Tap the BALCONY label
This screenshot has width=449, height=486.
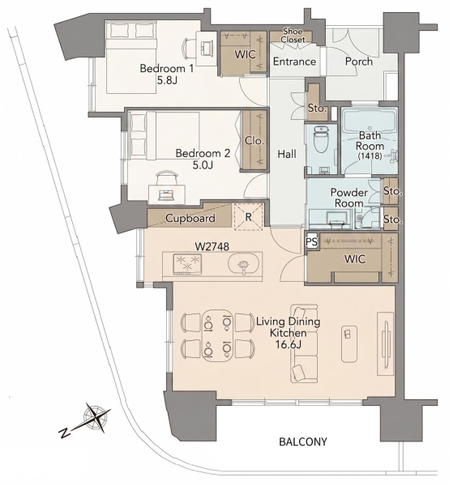click(303, 441)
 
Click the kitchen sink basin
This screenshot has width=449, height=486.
click(243, 265)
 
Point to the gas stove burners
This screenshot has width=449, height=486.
click(187, 263)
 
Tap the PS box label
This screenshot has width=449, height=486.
click(312, 241)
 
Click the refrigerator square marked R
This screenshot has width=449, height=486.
click(249, 216)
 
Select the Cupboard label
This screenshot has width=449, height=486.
click(190, 218)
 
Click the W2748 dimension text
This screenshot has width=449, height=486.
click(212, 246)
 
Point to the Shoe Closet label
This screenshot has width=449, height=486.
click(293, 36)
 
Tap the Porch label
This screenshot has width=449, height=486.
click(359, 62)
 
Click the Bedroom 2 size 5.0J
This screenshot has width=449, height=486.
click(203, 165)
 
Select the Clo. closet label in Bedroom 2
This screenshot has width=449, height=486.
click(254, 140)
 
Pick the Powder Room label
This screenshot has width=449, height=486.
click(349, 198)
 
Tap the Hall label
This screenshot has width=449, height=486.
click(287, 154)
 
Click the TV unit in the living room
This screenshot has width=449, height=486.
click(385, 343)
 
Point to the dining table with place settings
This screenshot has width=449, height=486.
click(217, 335)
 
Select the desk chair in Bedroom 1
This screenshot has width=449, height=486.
click(189, 49)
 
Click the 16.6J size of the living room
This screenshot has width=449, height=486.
click(288, 344)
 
